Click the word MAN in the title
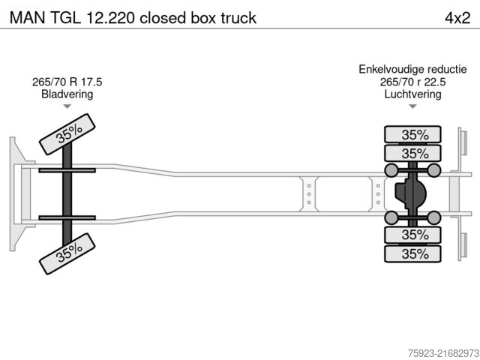coord(25,16)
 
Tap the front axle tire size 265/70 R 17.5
coord(67,82)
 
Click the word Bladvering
coord(67,94)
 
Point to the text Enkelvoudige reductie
coord(412,70)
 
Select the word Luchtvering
coord(412,94)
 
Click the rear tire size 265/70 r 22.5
coord(412,82)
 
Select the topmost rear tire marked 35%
coord(414,135)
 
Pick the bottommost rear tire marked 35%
coord(414,253)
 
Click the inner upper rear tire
coord(414,154)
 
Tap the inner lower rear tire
coord(414,235)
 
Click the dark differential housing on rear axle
coord(409,194)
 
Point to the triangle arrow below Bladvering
coord(67,106)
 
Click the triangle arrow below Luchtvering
coord(412,106)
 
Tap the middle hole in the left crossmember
coord(308,193)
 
